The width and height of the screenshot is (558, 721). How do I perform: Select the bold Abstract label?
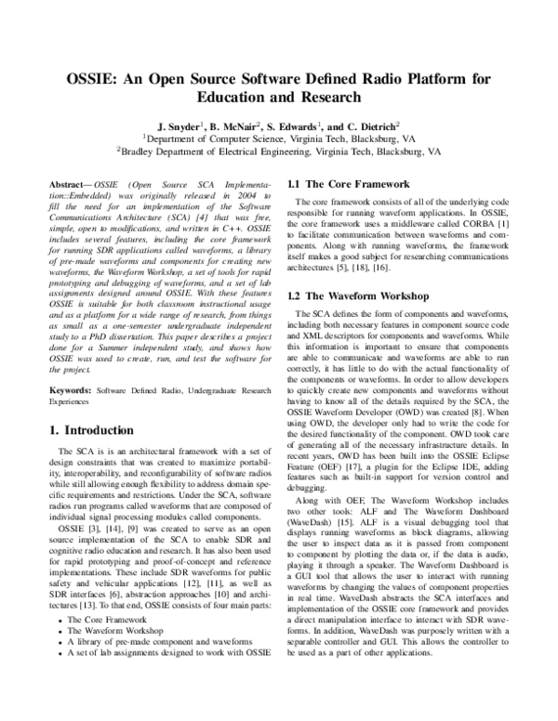[x=68, y=187]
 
